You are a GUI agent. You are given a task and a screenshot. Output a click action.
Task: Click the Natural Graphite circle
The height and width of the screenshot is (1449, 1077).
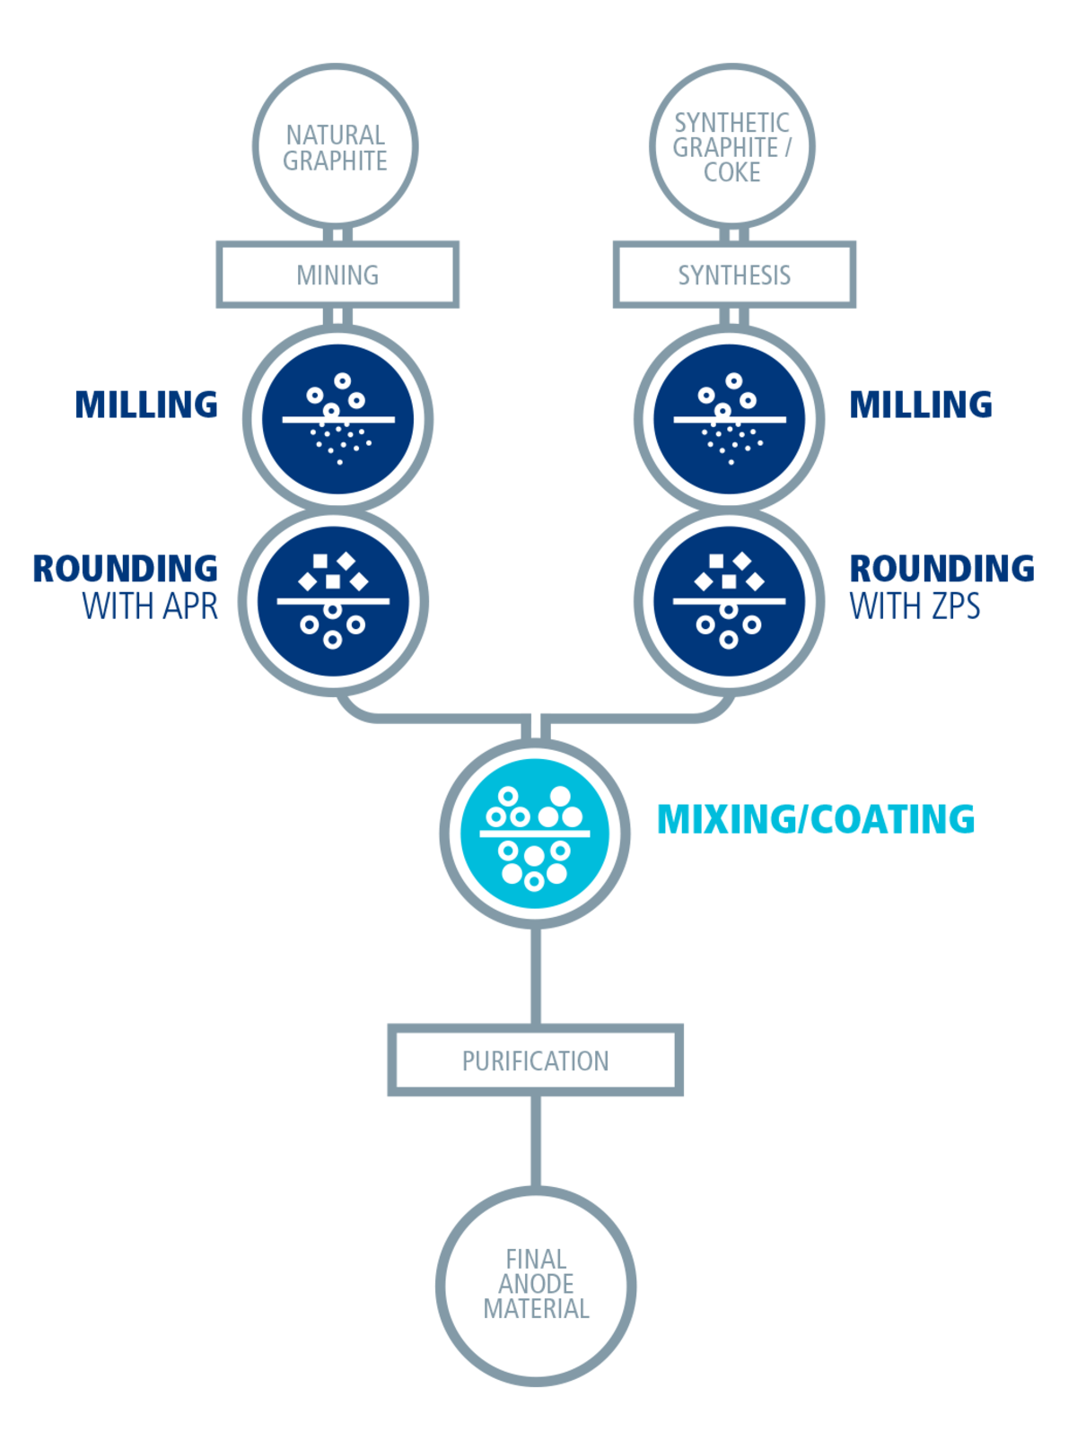(336, 146)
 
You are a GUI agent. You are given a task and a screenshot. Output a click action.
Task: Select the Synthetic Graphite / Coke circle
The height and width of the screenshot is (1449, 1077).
(732, 146)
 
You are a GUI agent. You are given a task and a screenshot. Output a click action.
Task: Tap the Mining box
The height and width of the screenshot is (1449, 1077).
(337, 275)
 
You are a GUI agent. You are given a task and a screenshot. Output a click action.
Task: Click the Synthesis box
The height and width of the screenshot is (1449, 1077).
(734, 275)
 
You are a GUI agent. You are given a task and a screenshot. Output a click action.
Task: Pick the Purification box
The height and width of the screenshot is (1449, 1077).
(535, 1061)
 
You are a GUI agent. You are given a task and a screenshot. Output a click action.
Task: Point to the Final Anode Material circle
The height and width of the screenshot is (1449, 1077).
(536, 1284)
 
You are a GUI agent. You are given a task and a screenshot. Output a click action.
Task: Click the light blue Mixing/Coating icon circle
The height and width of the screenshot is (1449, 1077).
(535, 834)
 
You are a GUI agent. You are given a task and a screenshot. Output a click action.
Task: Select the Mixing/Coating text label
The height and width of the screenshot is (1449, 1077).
(816, 819)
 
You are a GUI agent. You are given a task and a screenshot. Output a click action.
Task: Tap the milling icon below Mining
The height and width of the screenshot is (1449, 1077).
(337, 418)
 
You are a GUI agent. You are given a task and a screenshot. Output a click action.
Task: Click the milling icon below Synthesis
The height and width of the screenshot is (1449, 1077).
(730, 418)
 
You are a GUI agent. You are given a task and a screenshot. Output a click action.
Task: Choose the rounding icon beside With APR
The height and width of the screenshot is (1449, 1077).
(334, 600)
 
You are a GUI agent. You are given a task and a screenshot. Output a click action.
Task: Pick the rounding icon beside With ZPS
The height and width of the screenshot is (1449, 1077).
(730, 600)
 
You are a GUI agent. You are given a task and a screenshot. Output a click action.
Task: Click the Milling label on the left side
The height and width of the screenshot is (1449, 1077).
(146, 405)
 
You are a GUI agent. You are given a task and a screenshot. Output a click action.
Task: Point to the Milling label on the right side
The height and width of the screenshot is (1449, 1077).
(921, 405)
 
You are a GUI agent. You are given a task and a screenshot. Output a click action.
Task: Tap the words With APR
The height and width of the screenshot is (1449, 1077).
(150, 607)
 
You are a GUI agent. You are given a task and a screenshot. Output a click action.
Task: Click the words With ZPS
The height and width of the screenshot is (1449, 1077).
(915, 607)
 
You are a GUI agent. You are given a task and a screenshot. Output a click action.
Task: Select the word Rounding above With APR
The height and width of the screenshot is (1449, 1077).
(126, 569)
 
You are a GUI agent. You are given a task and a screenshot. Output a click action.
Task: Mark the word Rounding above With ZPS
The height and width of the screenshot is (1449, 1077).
(941, 569)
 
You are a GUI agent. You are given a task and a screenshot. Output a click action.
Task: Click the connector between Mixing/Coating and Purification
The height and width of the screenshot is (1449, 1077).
(536, 976)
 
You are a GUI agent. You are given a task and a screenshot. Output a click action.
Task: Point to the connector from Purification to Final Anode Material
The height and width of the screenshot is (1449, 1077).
(536, 1141)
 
